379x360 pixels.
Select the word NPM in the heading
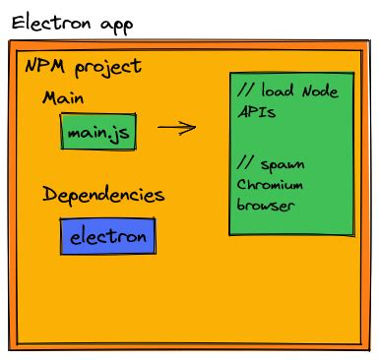(x=44, y=67)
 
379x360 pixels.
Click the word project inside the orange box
(x=106, y=69)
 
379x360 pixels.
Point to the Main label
(x=63, y=99)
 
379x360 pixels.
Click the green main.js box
(x=98, y=131)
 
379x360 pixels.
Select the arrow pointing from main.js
(x=175, y=127)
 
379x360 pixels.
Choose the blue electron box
(x=107, y=237)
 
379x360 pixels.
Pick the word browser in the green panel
(x=266, y=206)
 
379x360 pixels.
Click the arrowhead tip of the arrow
(x=194, y=127)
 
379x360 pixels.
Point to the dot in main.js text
(x=111, y=135)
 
